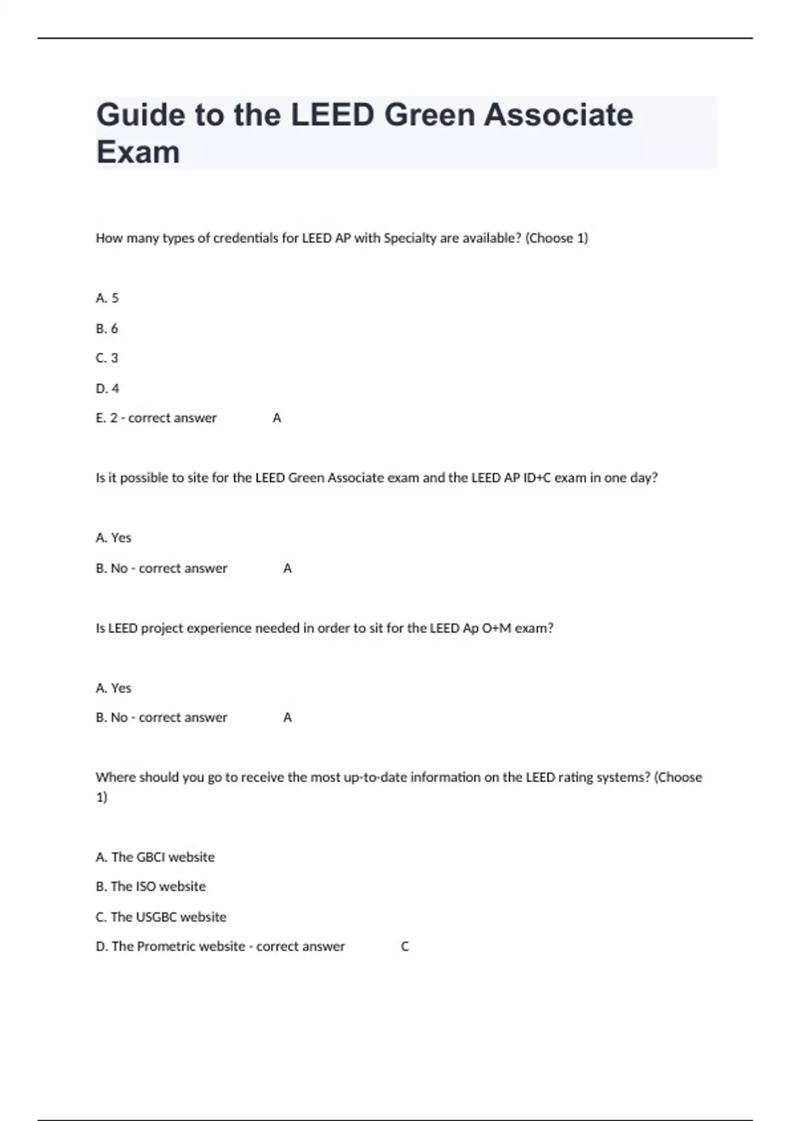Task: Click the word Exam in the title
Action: [138, 152]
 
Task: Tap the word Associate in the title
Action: [558, 115]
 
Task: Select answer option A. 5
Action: [107, 298]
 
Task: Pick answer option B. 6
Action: [107, 328]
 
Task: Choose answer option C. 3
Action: [107, 358]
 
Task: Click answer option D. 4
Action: [107, 388]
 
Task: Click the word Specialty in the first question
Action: [409, 238]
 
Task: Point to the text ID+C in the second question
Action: [537, 477]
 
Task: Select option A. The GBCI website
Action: [155, 857]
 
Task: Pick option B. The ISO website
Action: [150, 886]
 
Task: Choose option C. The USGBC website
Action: [161, 917]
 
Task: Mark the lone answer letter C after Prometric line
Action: [405, 946]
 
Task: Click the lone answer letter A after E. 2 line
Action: [277, 418]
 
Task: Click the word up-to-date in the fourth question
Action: [375, 777]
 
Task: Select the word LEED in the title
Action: [332, 115]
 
